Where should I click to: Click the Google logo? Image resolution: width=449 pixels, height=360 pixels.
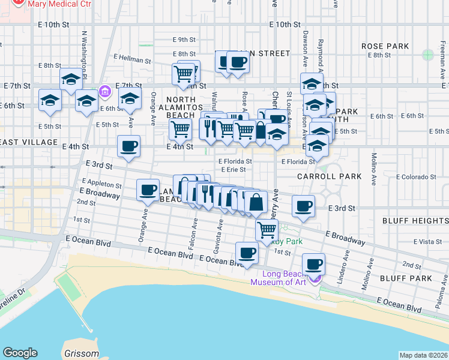pos(20,353)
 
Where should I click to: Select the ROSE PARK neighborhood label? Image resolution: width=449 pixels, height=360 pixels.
pos(385,46)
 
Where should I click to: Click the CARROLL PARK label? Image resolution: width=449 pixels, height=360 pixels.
pos(330,176)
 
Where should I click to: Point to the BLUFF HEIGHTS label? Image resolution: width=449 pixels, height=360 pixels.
pos(415,221)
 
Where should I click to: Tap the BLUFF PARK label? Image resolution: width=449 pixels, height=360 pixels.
pos(406,278)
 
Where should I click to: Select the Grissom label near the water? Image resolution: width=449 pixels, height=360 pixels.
pos(80,353)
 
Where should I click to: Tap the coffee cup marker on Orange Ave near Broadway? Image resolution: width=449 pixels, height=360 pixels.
pos(148,191)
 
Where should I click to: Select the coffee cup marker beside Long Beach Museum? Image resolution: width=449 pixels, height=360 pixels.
pos(313,265)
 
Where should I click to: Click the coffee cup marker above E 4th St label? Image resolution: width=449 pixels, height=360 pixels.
pos(128,147)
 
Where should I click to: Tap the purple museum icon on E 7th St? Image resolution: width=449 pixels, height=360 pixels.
pos(104,91)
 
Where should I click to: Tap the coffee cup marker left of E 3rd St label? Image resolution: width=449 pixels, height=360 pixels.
pos(303,207)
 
